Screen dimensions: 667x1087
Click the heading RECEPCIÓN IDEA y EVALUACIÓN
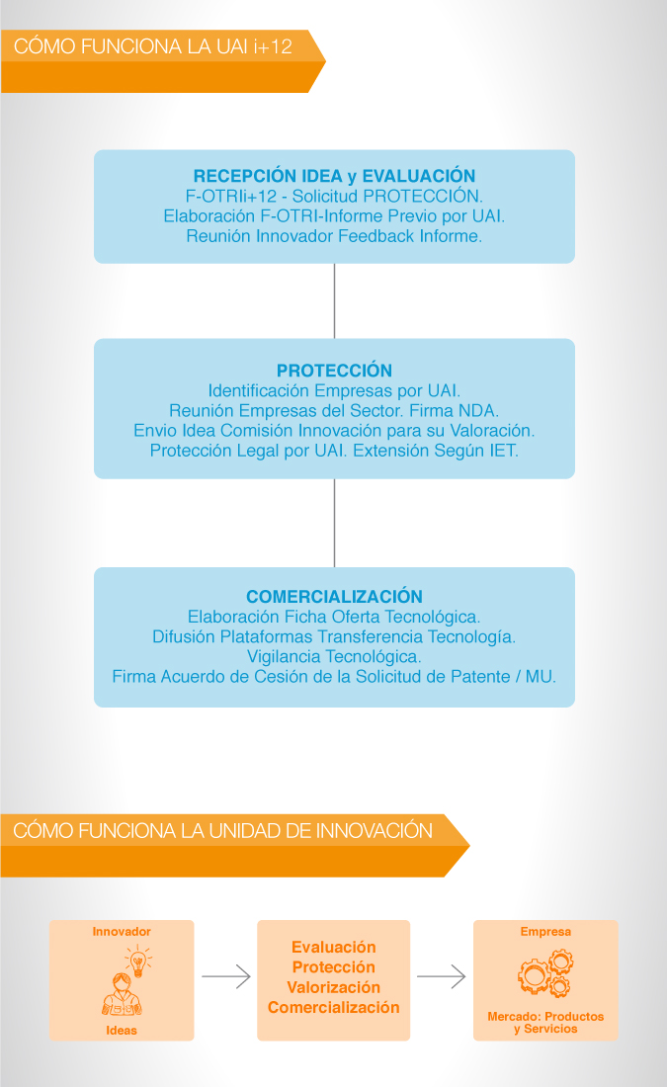334,176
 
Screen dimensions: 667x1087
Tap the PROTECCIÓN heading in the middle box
334,371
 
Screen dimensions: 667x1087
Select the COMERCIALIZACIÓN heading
334,597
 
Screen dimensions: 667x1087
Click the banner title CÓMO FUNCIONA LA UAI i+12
152,46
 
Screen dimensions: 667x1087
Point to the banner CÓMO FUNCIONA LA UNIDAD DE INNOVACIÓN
222,830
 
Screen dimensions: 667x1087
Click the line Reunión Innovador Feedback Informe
334,236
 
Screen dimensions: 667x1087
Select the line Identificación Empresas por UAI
334,391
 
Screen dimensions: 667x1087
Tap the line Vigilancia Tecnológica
334,656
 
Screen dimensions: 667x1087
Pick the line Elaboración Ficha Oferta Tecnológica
334,617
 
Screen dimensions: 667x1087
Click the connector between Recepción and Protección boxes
334,300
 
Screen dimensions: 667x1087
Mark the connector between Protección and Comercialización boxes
334,524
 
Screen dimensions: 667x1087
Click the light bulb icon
138,962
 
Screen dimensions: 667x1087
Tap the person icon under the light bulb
122,995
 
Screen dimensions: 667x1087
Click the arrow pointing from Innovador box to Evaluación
226,976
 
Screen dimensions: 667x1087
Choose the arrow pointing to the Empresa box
441,976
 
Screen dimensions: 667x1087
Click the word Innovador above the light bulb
122,932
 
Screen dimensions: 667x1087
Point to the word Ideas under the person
122,1030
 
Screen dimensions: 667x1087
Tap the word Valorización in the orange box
334,987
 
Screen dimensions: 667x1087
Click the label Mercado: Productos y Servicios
545,1023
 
